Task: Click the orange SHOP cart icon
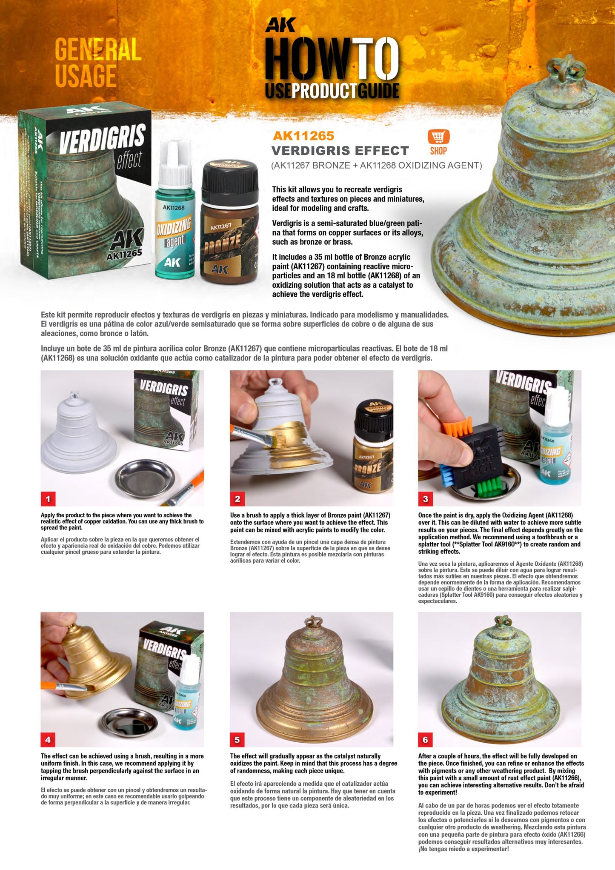point(438,137)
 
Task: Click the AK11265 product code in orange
point(303,136)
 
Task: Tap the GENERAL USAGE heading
point(97,63)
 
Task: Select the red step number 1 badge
point(48,499)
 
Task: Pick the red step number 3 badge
point(425,499)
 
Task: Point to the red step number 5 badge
point(237,740)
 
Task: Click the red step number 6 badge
point(425,740)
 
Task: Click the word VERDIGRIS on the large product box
point(102,138)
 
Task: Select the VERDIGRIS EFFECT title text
point(340,151)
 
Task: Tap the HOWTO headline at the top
point(332,60)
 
